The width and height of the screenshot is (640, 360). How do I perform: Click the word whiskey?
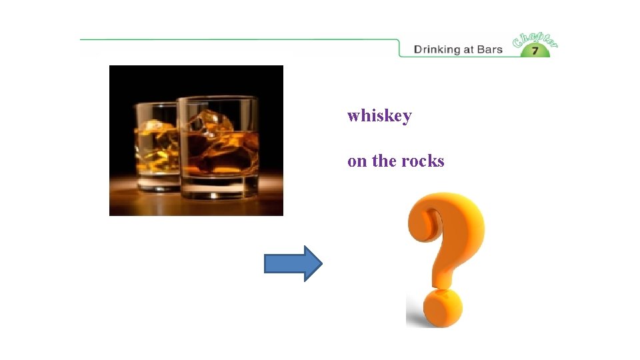pos(379,116)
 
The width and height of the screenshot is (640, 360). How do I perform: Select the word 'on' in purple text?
pos(356,162)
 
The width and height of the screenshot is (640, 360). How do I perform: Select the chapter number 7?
pos(535,51)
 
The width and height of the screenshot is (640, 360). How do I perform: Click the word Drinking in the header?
pos(437,49)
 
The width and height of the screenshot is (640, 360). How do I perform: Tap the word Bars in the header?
pos(489,49)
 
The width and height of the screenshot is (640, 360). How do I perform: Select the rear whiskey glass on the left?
pos(155,147)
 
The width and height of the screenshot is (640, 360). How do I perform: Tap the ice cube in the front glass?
pos(210,126)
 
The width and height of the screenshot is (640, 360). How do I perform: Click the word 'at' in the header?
pos(469,49)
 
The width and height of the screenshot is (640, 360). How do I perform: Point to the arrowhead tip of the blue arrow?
pos(320,264)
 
